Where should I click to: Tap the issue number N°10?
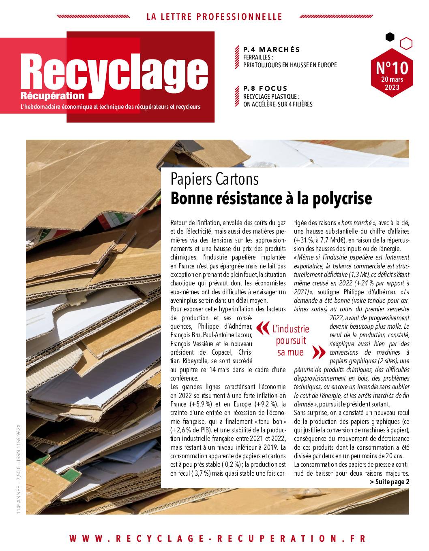(x=392, y=67)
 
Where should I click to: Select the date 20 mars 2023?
(x=392, y=83)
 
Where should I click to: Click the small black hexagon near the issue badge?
(x=390, y=37)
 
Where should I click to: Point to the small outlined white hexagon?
(x=406, y=43)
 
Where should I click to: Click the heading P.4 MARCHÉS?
(x=271, y=49)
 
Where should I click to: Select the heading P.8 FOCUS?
(x=265, y=88)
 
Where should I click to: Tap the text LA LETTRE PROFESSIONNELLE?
(x=214, y=17)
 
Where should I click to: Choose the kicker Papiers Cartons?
(x=214, y=179)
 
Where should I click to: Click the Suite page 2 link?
(x=389, y=482)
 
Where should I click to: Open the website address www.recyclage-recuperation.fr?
(x=217, y=538)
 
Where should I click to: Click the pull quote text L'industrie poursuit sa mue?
(x=290, y=340)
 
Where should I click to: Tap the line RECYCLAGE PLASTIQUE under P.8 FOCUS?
(x=271, y=97)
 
